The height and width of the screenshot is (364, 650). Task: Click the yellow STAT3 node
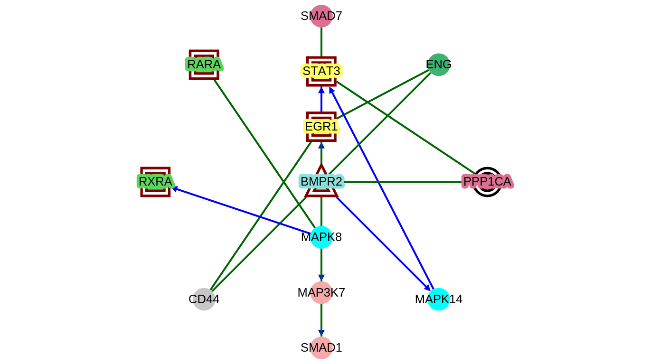pyautogui.click(x=321, y=71)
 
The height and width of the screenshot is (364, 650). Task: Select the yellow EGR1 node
pyautogui.click(x=321, y=127)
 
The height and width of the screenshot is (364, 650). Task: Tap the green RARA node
pyautogui.click(x=204, y=64)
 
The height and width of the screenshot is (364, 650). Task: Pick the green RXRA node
pyautogui.click(x=155, y=182)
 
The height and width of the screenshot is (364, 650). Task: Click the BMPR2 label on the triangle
pyautogui.click(x=321, y=182)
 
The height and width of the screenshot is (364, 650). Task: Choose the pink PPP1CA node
pyautogui.click(x=487, y=182)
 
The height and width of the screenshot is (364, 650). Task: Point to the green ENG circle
pyautogui.click(x=438, y=65)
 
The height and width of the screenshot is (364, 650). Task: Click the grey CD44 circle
pyautogui.click(x=204, y=299)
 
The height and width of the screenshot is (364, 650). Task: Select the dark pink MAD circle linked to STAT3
pyautogui.click(x=321, y=16)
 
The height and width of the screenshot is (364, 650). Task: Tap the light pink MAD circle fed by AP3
pyautogui.click(x=321, y=348)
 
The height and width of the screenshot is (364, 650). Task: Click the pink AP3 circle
pyautogui.click(x=321, y=292)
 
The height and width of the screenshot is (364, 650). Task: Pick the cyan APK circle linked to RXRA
pyautogui.click(x=321, y=237)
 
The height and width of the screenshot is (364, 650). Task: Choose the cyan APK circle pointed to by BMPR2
pyautogui.click(x=438, y=299)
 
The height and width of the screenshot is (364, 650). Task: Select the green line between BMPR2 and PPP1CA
pyautogui.click(x=404, y=182)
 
